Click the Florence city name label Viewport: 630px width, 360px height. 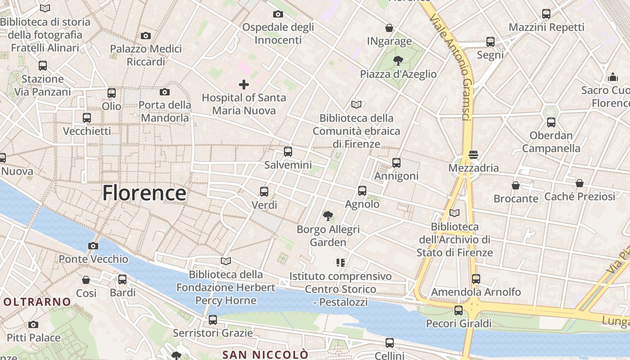click(144, 193)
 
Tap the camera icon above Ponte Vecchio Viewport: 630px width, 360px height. click(93, 246)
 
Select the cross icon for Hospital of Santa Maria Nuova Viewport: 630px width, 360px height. click(244, 84)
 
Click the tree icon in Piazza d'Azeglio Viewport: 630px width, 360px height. click(398, 60)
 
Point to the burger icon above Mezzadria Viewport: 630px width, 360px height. click(473, 155)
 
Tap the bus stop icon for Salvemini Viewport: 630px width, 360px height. click(288, 152)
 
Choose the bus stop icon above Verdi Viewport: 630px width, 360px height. click(264, 192)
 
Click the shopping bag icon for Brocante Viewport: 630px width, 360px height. click(516, 185)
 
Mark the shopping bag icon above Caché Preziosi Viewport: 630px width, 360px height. click(580, 183)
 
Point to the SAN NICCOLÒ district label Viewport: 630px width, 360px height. click(265, 355)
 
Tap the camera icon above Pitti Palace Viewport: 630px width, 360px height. click(33, 324)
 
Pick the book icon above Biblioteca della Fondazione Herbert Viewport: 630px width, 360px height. click(226, 261)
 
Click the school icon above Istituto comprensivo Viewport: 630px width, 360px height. click(340, 262)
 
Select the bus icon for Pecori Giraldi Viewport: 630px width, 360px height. click(458, 310)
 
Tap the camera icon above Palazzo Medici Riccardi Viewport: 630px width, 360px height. click(145, 36)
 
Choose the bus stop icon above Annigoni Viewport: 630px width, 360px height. click(396, 163)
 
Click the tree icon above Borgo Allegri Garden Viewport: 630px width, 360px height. click(328, 216)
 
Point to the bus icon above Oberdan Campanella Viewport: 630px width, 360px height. click(551, 122)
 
